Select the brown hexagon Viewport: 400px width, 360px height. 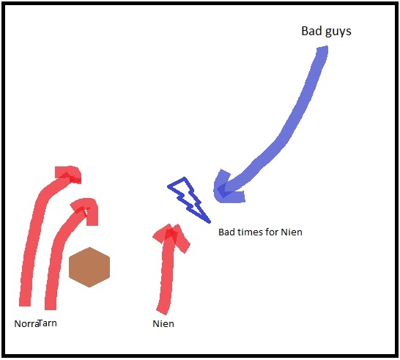tap(89, 267)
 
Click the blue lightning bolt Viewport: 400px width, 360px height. tap(189, 200)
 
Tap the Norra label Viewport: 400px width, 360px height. tap(26, 324)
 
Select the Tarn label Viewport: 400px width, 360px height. tap(48, 323)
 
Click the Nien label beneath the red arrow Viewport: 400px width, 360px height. tap(163, 324)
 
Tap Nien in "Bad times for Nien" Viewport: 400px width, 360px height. tap(292, 232)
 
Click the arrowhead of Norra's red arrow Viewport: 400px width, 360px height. tap(68, 175)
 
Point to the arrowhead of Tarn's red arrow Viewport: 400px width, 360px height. tap(85, 211)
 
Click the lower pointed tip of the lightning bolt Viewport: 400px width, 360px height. tap(210, 222)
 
